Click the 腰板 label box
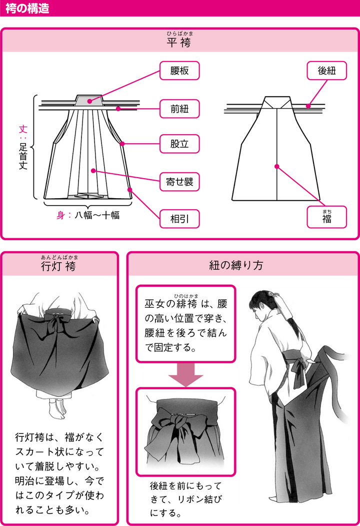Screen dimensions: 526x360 coord(179,71)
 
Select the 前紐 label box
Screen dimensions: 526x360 coord(179,108)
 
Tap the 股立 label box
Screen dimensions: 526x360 coord(179,145)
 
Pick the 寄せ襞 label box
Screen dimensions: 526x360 coord(179,182)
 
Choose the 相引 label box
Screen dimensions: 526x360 coord(179,219)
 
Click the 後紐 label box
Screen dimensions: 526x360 coord(326,71)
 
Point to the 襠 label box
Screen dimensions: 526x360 coord(326,219)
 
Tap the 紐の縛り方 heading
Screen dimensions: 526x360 coord(242,266)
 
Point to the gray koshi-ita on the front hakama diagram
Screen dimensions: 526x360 coord(90,100)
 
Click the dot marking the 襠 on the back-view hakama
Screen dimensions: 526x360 coord(275,166)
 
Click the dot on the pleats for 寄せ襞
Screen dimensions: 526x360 coord(93,171)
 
